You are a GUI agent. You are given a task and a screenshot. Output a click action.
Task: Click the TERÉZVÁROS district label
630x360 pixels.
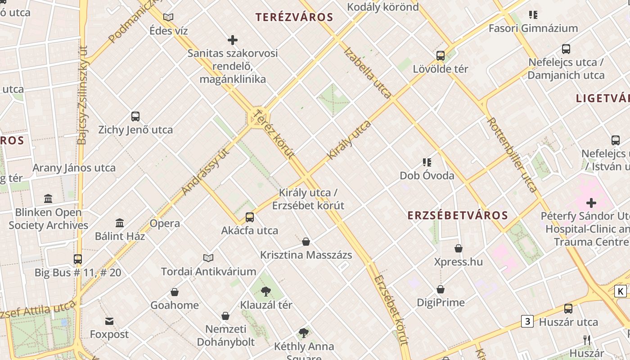(x=294, y=18)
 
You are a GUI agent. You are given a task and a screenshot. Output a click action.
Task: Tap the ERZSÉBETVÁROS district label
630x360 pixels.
(x=458, y=216)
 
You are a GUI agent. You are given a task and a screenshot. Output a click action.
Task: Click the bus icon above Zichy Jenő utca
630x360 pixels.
(x=135, y=117)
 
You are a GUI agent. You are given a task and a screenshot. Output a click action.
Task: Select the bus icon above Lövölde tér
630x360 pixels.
(x=441, y=56)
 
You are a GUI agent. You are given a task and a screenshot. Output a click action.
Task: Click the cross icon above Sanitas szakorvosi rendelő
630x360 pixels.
(x=233, y=40)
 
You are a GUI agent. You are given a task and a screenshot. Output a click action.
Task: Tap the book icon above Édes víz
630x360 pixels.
(x=168, y=18)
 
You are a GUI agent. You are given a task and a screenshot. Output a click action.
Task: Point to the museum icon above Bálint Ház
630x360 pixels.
(x=120, y=223)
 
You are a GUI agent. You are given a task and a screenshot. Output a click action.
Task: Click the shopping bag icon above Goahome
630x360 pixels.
(x=175, y=292)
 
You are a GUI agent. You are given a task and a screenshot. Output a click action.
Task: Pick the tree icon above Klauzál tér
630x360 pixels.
(x=265, y=291)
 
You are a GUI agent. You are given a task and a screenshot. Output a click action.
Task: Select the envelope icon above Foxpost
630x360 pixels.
(x=109, y=321)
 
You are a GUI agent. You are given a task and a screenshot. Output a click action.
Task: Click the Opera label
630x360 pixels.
(x=165, y=224)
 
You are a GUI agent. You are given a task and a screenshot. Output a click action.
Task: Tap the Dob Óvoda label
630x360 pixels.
(x=427, y=175)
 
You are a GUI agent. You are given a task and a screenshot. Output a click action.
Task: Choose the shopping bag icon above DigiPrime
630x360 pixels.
(x=441, y=289)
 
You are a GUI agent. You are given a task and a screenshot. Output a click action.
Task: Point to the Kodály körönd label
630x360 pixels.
(x=383, y=7)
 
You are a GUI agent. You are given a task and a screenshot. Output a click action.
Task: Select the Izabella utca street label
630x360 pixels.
(x=367, y=72)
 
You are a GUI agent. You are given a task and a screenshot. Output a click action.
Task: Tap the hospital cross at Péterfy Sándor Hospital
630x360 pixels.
(x=591, y=203)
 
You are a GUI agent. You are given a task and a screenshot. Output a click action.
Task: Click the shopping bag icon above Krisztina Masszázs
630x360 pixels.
(x=306, y=242)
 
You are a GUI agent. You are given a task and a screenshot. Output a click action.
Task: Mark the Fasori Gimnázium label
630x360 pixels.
(x=533, y=28)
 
